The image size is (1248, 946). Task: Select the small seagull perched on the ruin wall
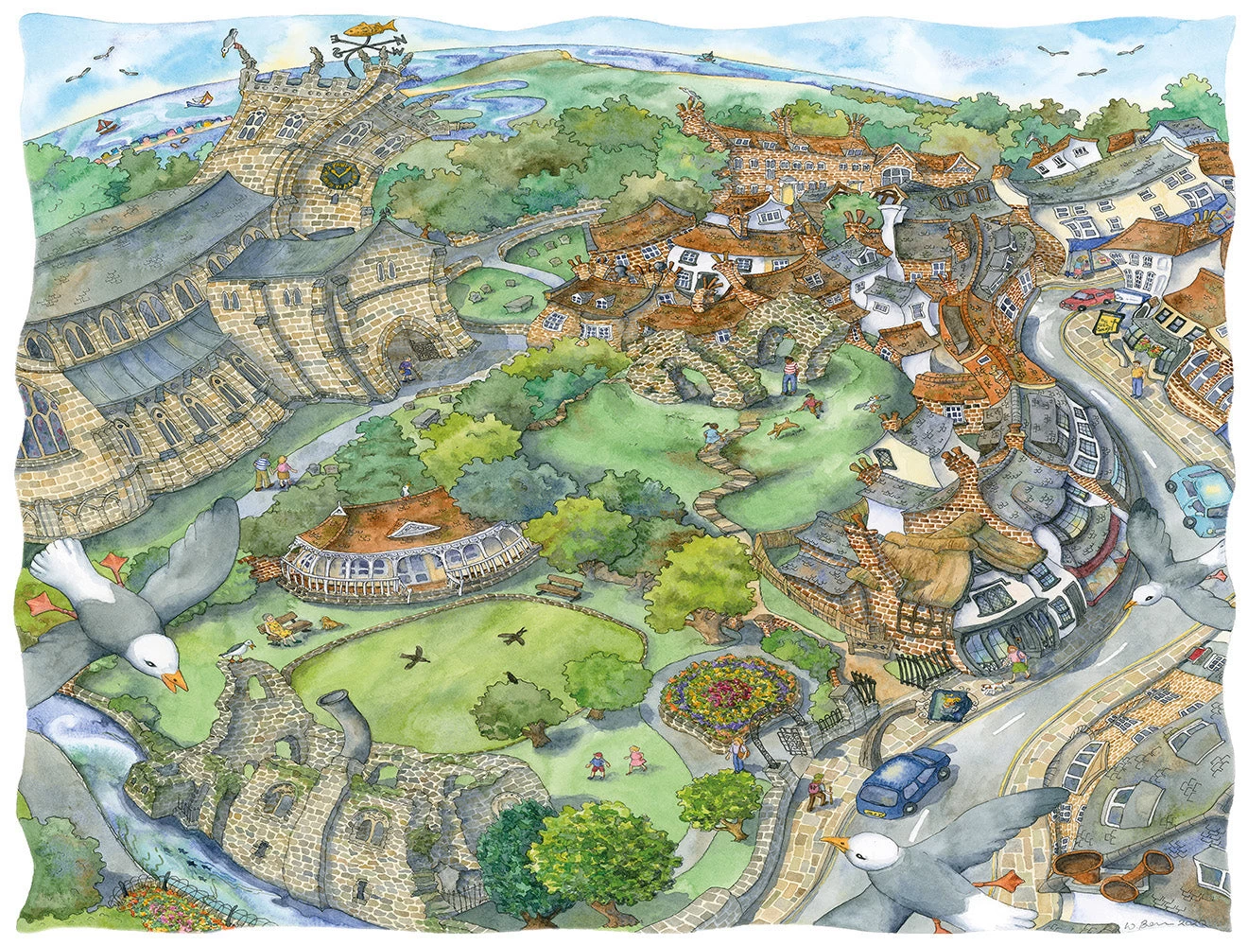236,649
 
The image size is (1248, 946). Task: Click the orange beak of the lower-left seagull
173,681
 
